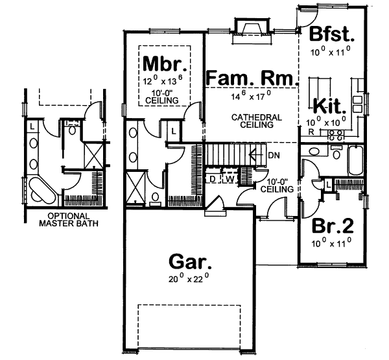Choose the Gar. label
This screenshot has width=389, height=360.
click(189, 262)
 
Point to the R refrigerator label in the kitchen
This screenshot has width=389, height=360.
click(312, 132)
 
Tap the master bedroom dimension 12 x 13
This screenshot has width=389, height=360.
click(165, 82)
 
